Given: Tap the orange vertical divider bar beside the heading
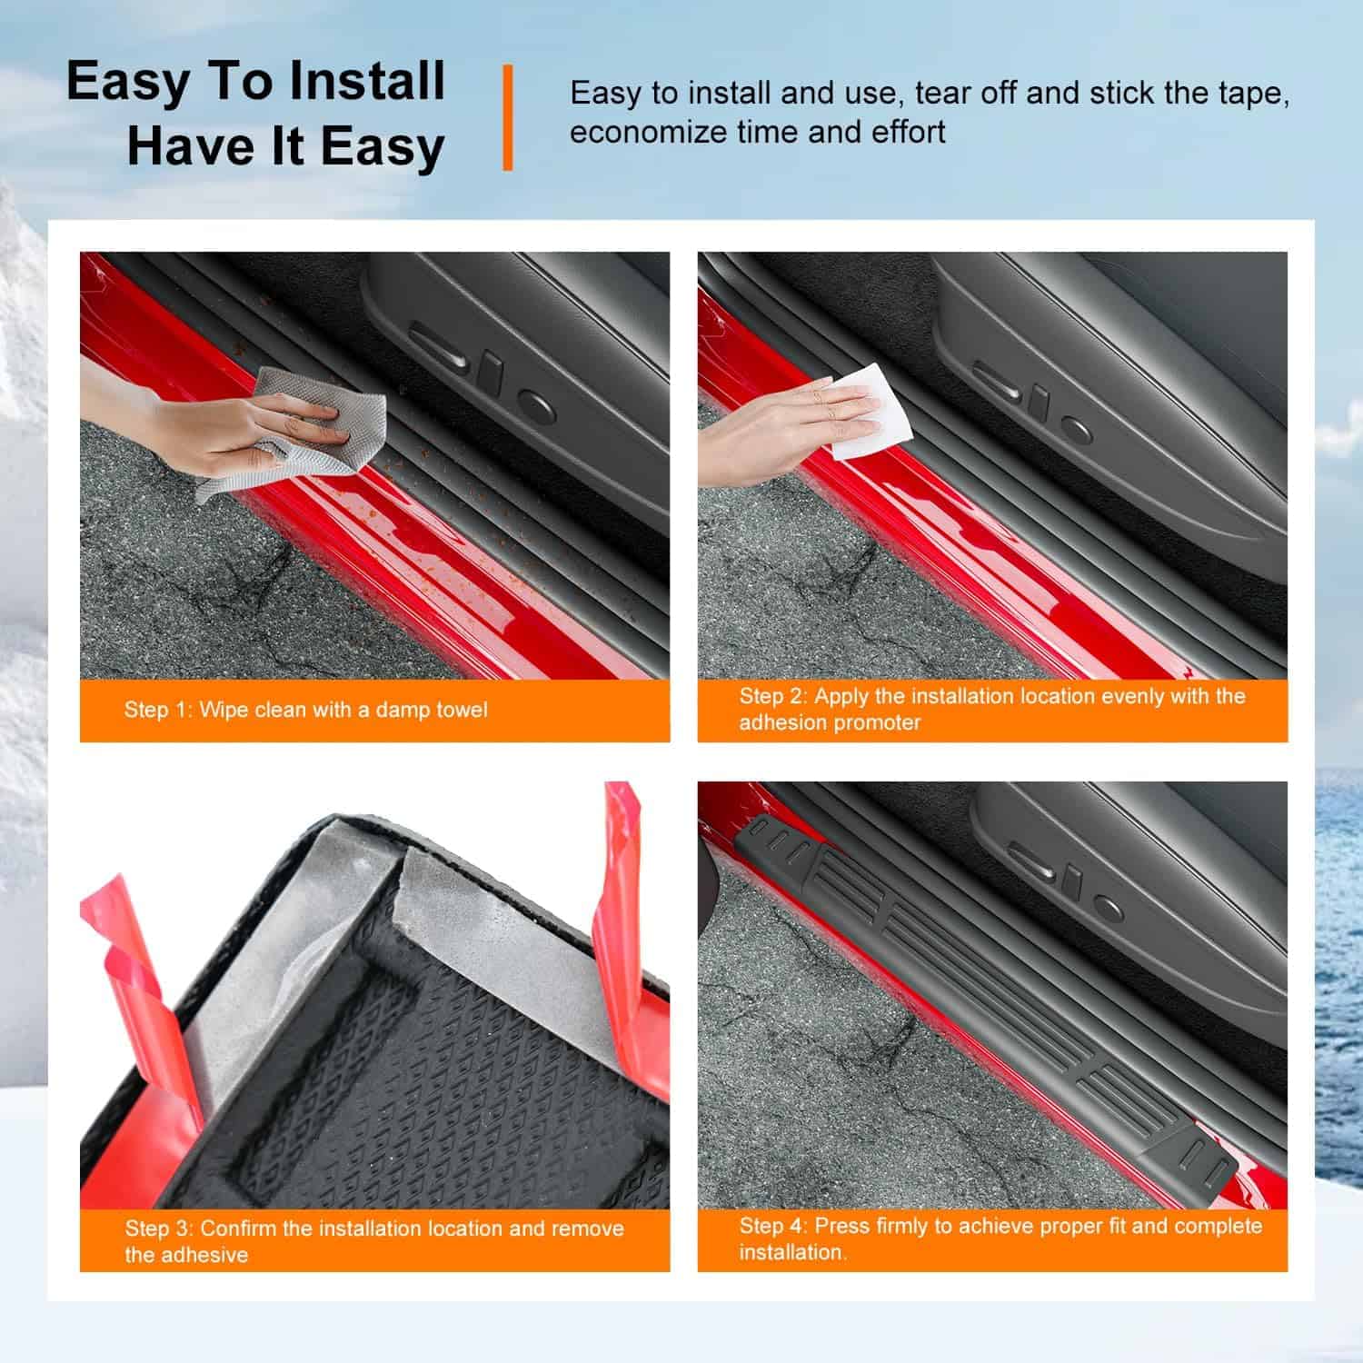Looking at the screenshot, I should (x=507, y=117).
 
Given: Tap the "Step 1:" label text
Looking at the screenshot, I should (x=157, y=710).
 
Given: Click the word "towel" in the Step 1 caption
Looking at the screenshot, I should (x=458, y=710).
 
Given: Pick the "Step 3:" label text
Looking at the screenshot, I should (x=159, y=1229).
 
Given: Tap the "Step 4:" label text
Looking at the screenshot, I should (x=773, y=1226).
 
